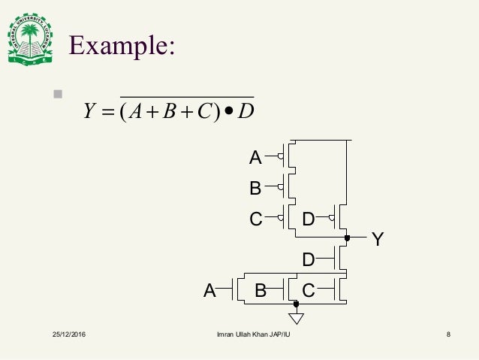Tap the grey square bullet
tap(56, 95)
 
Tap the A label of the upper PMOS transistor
tap(255, 158)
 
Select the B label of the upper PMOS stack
tap(255, 188)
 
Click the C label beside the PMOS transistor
tap(256, 219)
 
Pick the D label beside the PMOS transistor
tap(309, 219)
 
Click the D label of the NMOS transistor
tap(308, 260)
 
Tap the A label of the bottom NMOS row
tap(210, 290)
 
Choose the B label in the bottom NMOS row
tap(261, 290)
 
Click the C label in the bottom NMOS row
tap(309, 290)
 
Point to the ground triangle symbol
tap(297, 317)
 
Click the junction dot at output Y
tap(347, 238)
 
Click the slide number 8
tap(448, 334)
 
